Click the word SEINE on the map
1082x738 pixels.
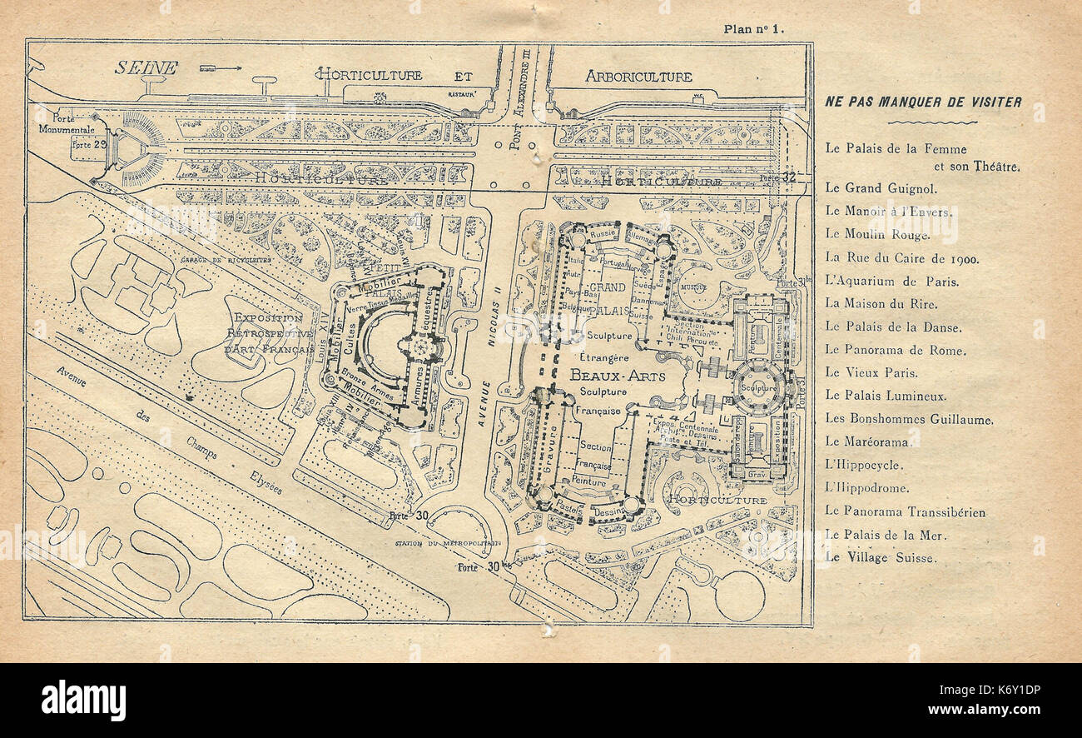tap(146, 67)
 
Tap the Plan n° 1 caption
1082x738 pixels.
tap(754, 29)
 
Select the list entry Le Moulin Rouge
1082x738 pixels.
tap(871, 236)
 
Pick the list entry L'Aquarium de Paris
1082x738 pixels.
tap(892, 282)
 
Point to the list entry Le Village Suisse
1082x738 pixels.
tap(880, 557)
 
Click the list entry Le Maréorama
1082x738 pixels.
tap(867, 442)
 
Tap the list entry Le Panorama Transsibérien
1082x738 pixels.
tap(906, 511)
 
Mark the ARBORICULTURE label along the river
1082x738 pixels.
tap(638, 77)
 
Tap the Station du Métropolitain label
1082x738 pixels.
tap(449, 543)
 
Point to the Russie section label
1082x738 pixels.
tap(578, 235)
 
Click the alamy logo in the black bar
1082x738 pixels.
tap(83, 700)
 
